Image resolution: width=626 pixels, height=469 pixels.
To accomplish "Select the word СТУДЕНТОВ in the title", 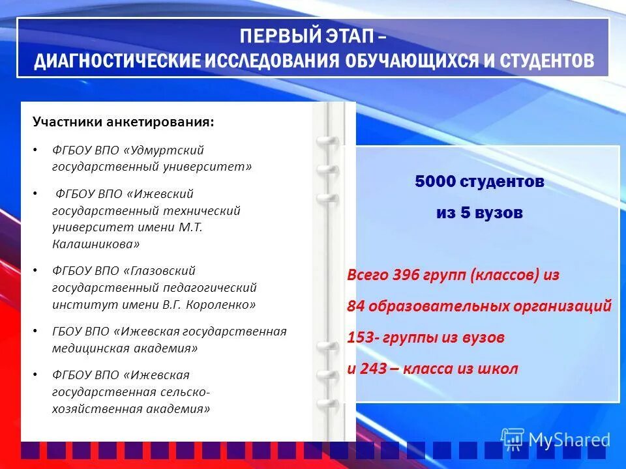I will [547, 61].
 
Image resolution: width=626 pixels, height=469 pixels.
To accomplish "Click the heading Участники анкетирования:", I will [123, 122].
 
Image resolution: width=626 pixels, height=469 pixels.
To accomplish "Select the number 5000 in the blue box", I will [435, 182].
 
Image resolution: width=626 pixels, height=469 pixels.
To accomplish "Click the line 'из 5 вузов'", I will [479, 212].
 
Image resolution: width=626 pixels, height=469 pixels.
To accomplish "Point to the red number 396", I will [406, 275].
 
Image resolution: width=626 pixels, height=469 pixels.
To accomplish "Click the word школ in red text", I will [497, 369].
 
